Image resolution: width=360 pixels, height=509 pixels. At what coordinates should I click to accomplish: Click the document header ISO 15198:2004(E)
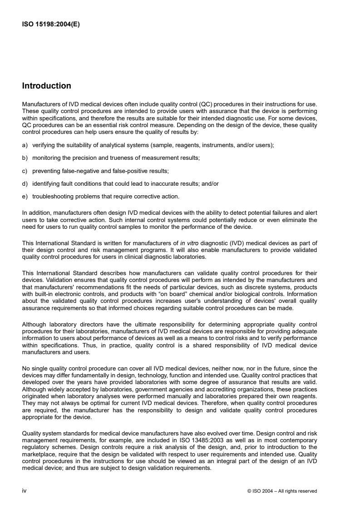(51, 25)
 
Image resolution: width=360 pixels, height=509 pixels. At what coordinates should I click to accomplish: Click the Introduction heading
(47, 86)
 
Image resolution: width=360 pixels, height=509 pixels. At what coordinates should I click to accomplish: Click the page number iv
(25, 490)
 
